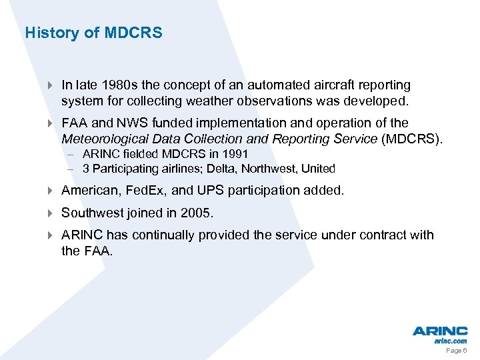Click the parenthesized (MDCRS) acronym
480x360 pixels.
pyautogui.click(x=411, y=139)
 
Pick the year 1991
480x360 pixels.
pyautogui.click(x=235, y=155)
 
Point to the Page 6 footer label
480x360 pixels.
pyautogui.click(x=456, y=351)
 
